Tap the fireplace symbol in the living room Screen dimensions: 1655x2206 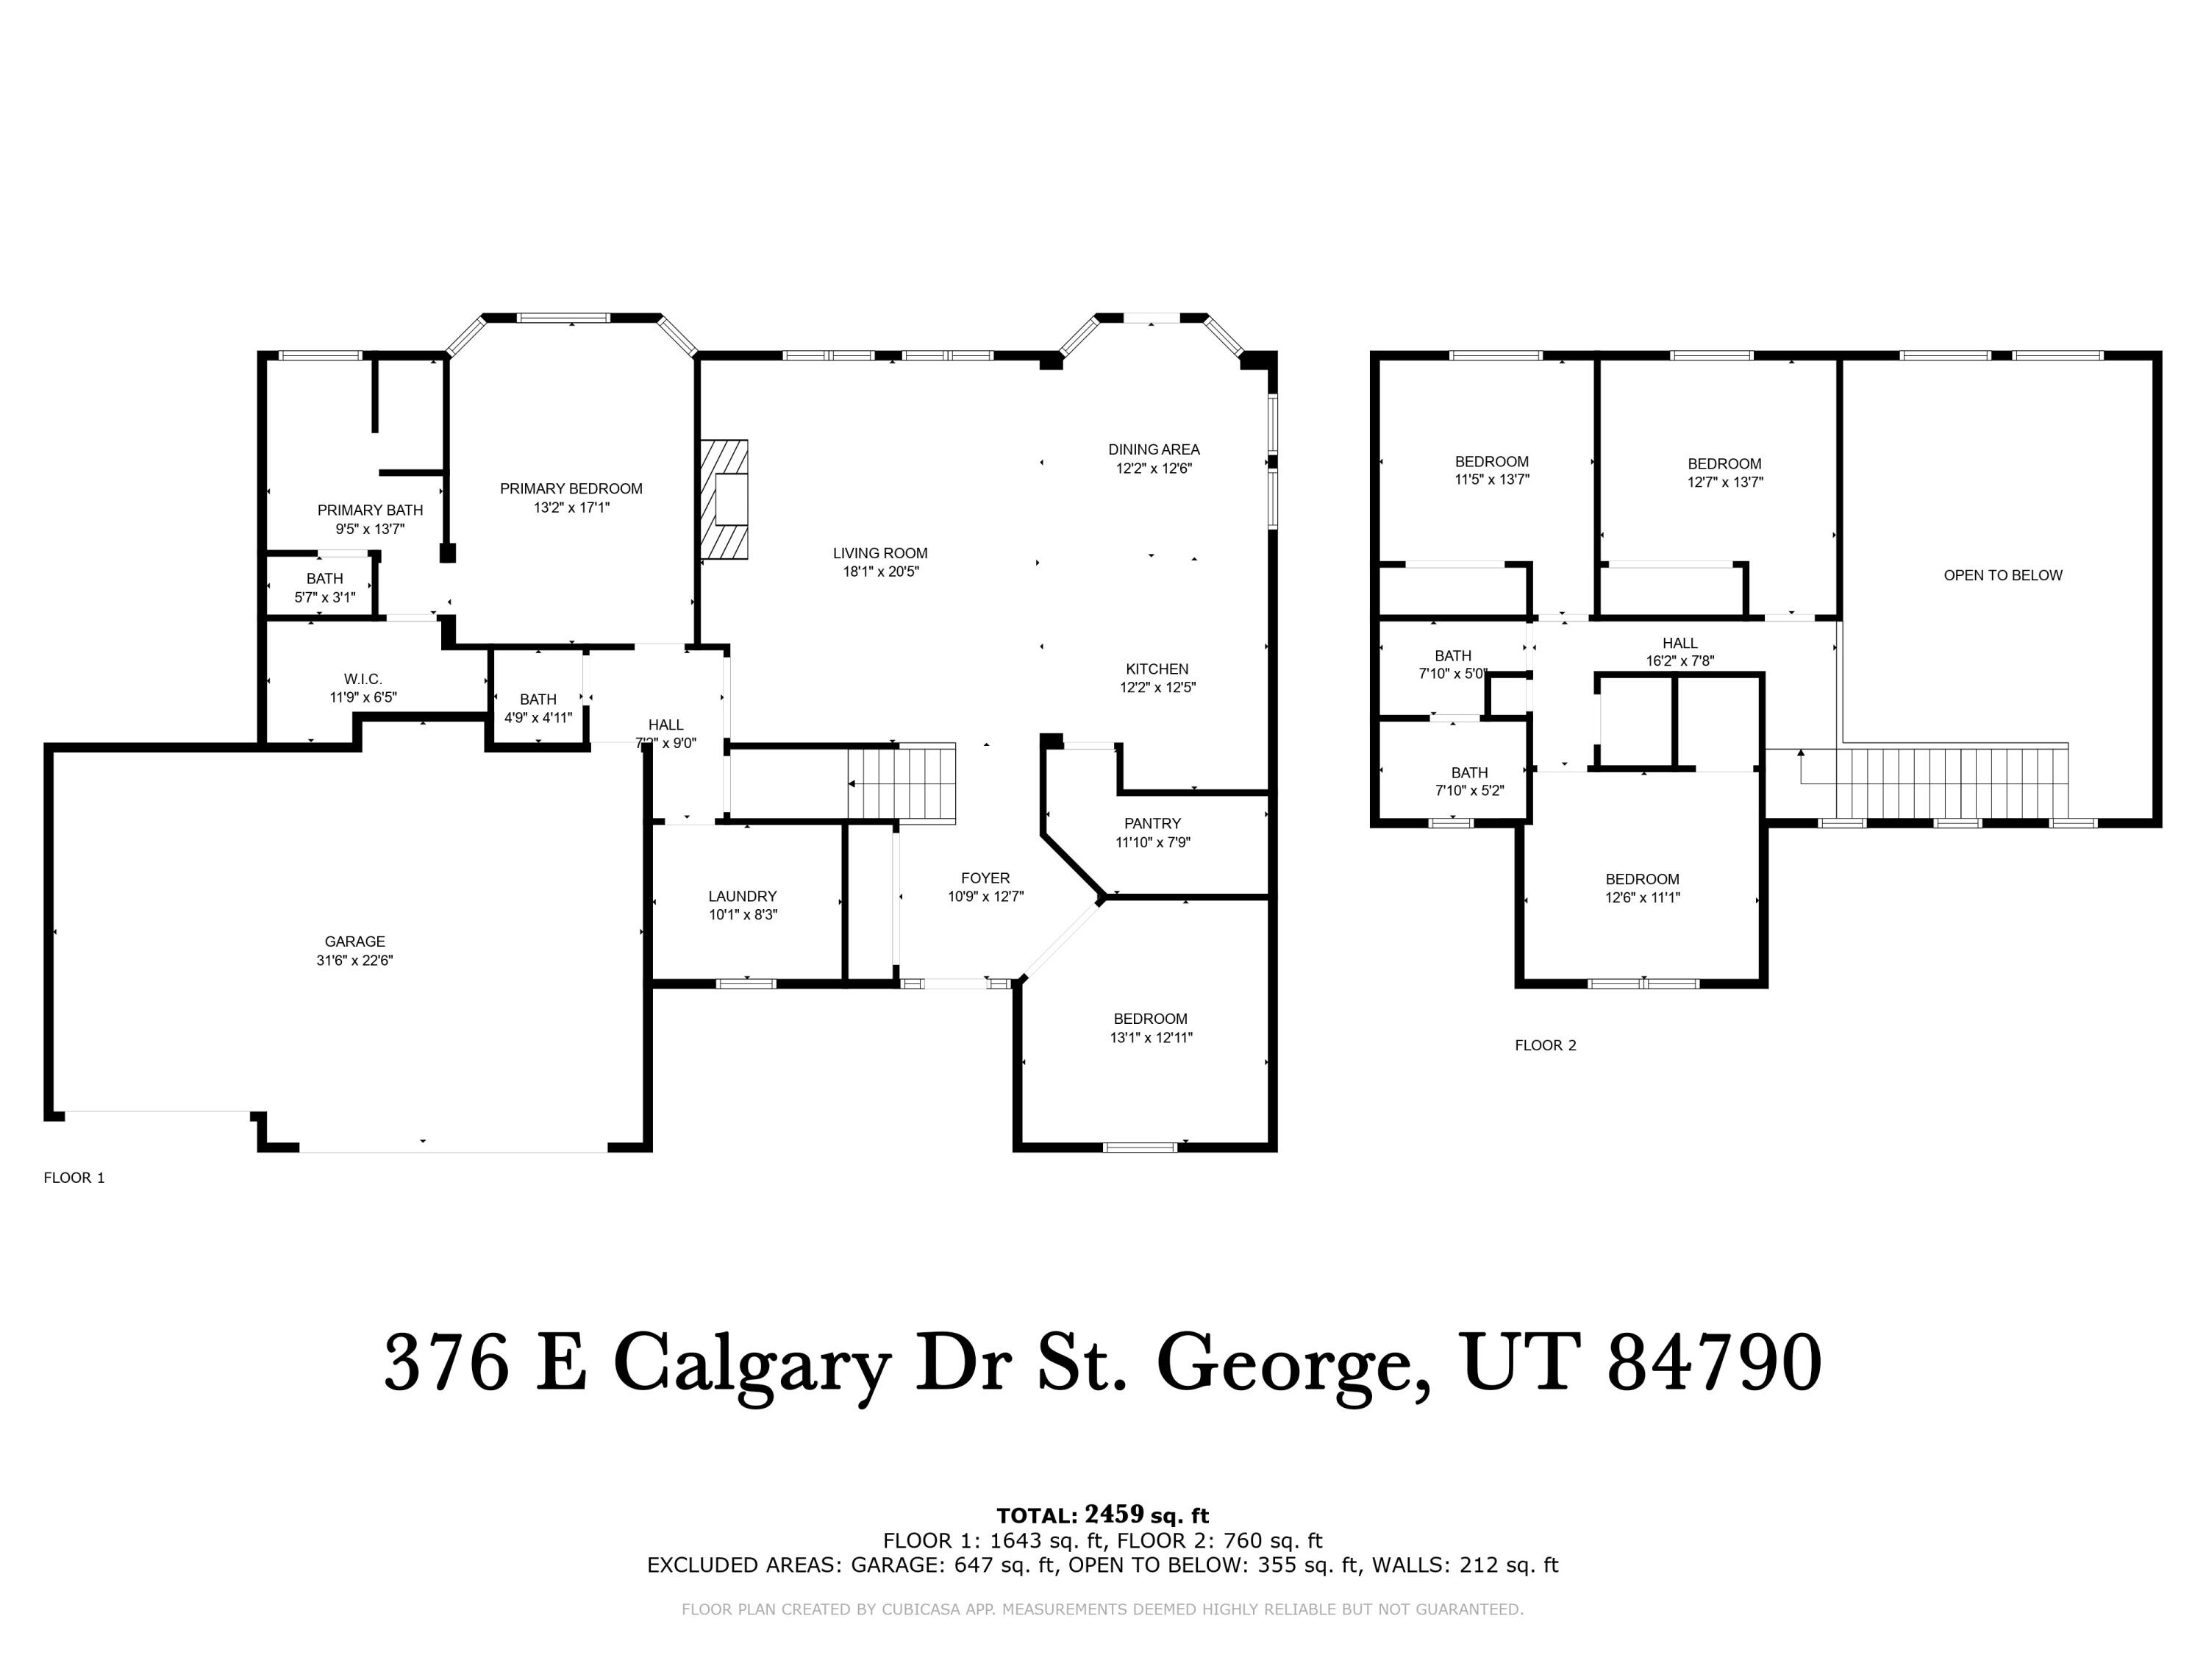tap(725, 499)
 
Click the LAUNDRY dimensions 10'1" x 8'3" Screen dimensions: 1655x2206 tap(743, 914)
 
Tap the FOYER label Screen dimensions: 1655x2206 tap(985, 878)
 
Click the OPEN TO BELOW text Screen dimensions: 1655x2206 tap(2002, 574)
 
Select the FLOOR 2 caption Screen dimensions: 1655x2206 tap(1545, 1044)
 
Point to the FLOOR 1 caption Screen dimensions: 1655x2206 tap(74, 1177)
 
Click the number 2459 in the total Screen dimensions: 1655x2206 tap(1114, 1515)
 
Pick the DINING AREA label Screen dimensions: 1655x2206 tap(1154, 449)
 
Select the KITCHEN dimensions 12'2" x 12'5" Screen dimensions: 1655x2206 tap(1157, 686)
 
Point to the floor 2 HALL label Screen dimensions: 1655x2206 tap(1680, 642)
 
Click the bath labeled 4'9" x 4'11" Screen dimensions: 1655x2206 tap(538, 708)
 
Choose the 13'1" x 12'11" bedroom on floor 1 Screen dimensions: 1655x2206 tap(1150, 1028)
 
